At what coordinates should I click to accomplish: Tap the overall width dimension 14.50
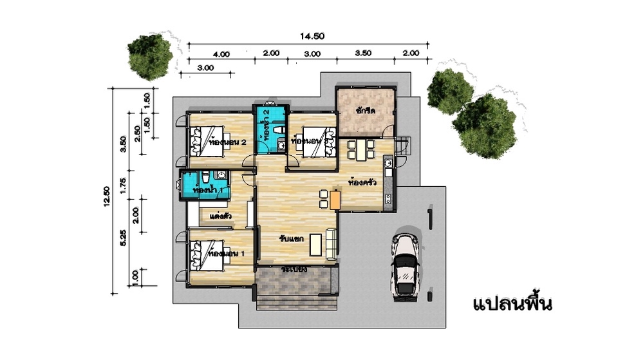312,37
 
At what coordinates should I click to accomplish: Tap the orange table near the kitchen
334,199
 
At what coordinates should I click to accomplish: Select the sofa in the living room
332,244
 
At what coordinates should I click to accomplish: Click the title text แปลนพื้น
512,303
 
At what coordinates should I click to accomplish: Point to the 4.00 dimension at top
221,54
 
